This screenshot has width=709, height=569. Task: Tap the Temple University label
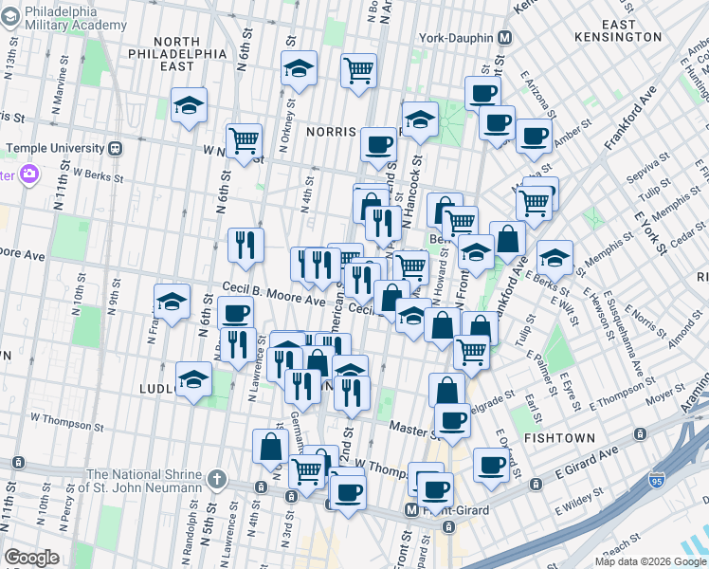point(54,149)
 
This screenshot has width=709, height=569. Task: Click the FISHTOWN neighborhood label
point(564,438)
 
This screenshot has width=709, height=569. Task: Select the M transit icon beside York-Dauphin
point(505,38)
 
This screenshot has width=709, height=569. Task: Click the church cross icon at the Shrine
point(216,477)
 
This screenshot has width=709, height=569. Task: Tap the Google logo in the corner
point(31,558)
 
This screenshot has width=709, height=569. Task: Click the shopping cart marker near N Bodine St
point(358,69)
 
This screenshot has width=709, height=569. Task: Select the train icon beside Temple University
point(116,149)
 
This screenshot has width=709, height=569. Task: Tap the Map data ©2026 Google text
point(649,561)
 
